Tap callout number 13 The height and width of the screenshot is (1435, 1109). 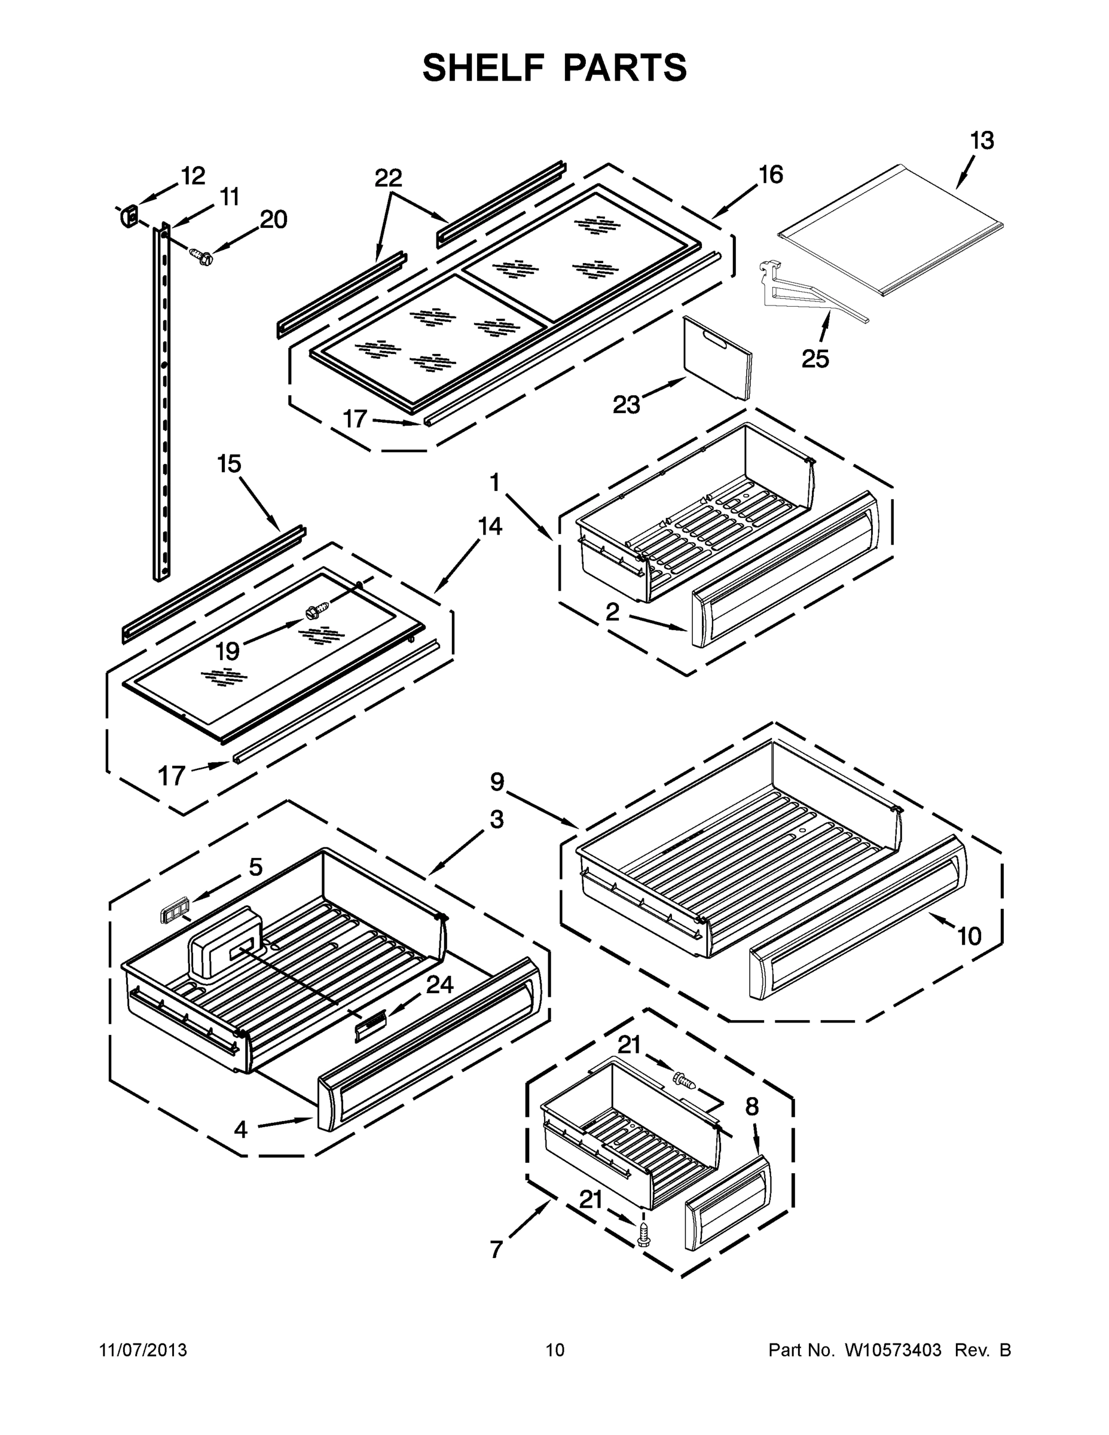tap(982, 141)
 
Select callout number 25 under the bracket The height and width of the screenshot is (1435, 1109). tap(815, 359)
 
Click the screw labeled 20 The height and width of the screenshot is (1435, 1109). tap(199, 254)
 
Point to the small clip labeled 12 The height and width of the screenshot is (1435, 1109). tap(129, 215)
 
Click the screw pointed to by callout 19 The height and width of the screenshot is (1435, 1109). tap(313, 612)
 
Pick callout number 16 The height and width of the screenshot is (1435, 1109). tap(771, 175)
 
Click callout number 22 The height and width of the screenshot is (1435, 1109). tap(388, 178)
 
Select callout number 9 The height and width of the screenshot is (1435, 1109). tap(497, 782)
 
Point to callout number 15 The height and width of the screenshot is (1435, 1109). tap(230, 464)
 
